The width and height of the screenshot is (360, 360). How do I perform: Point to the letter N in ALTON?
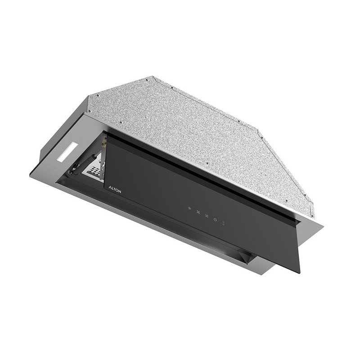pos(120,192)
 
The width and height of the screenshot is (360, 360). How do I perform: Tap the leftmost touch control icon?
pos(189,208)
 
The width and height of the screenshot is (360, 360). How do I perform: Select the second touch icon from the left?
pos(198,212)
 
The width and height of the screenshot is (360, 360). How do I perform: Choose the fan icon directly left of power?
pos(207,216)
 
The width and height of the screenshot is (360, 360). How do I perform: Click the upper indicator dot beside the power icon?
pos(224,222)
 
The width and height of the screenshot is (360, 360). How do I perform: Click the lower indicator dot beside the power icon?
pos(224,224)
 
